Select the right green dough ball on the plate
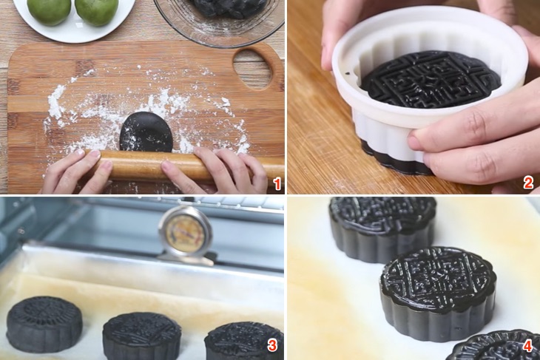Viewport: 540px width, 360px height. (x=97, y=10)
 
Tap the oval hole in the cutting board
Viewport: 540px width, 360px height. (x=252, y=67)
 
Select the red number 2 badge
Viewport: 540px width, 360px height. (x=528, y=182)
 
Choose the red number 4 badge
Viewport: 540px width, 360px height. (x=527, y=345)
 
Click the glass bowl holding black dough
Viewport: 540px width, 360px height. (x=218, y=18)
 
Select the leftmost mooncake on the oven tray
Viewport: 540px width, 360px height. (x=44, y=324)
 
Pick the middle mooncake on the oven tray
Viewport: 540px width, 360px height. (x=141, y=335)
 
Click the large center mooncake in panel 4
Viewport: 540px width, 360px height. (x=437, y=292)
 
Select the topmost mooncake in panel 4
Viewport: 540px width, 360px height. (x=382, y=226)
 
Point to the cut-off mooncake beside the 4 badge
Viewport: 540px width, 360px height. (x=488, y=347)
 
